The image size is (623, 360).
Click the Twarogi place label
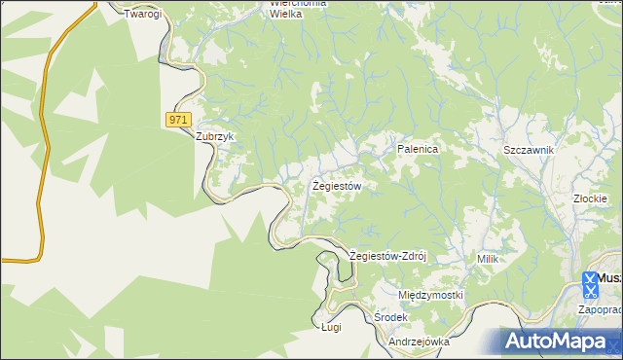pos(141,15)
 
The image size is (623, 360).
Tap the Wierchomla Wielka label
pos(298,9)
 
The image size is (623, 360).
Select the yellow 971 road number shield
pos(176,119)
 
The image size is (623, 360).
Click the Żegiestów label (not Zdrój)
pos(337,185)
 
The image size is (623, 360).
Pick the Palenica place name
pos(419,150)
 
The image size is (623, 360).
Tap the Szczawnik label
pos(529,150)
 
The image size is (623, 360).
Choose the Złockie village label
pos(591,198)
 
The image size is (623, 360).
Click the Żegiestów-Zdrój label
pos(388,257)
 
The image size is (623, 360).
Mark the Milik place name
pos(488,259)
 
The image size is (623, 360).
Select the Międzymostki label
pos(430,295)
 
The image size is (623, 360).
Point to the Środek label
pos(390,318)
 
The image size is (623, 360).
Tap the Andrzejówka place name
pos(419,342)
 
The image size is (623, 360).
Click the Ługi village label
pos(332,329)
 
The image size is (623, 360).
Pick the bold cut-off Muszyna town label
pos(608,278)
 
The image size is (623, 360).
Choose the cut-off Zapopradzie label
pos(600,309)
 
